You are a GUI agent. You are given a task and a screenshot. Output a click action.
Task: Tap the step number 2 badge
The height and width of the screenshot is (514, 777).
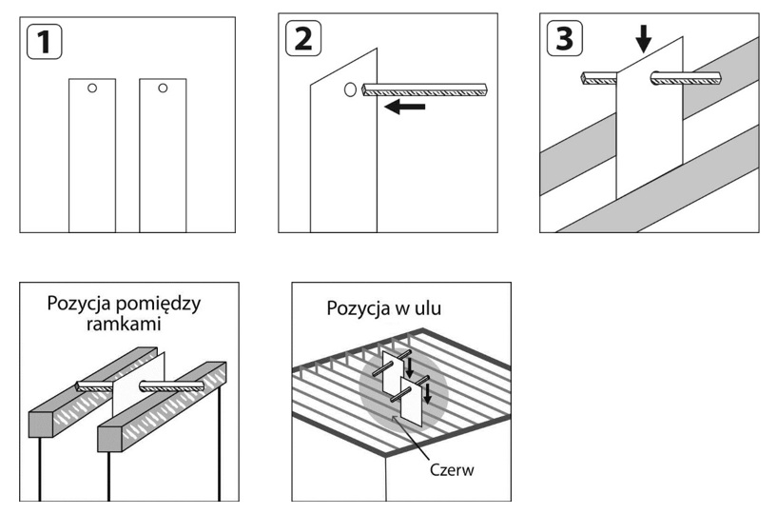[x=302, y=39]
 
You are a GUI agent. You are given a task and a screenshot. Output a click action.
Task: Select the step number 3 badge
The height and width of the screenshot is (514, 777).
[x=563, y=39]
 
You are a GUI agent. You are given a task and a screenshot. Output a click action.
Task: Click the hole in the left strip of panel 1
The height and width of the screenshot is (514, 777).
[x=91, y=89]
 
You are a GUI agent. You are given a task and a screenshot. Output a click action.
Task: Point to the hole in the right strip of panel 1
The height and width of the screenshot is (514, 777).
[x=163, y=89]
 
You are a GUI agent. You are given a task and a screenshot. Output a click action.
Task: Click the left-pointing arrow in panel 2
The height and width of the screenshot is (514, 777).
[x=405, y=108]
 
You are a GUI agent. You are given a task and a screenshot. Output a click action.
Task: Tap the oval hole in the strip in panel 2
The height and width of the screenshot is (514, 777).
[x=349, y=90]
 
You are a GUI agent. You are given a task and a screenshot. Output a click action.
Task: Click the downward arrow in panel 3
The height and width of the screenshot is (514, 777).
[x=644, y=39]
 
